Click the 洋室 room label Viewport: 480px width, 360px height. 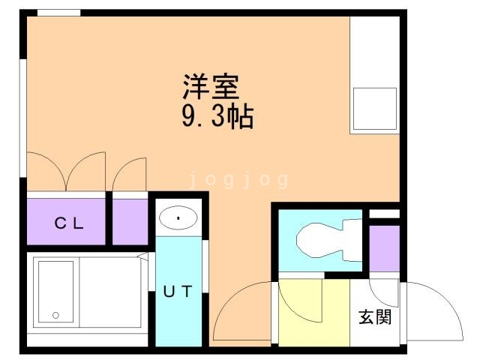click(210, 87)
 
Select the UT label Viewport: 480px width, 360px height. click(178, 292)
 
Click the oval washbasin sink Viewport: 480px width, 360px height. click(178, 217)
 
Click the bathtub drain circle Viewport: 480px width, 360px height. click(54, 315)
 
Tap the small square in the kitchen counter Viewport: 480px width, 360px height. click(373, 110)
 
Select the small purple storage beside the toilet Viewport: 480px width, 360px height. click(384, 247)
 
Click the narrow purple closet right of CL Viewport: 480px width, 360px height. click(130, 221)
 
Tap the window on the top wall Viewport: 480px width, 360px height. click(58, 13)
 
